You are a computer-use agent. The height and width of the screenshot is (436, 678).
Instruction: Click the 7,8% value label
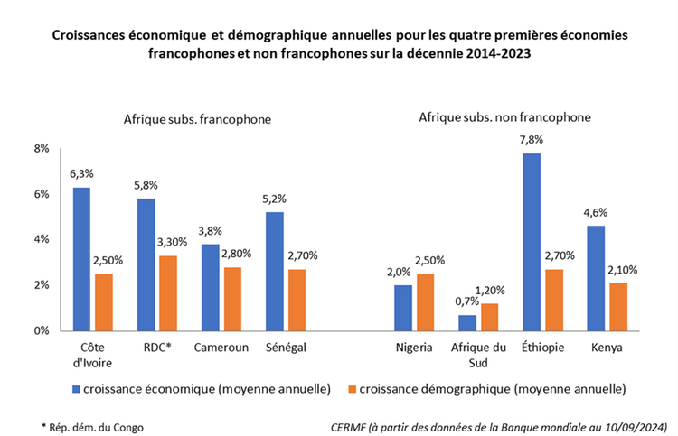coord(532,140)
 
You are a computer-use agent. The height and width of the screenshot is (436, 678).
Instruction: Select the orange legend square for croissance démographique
coord(351,389)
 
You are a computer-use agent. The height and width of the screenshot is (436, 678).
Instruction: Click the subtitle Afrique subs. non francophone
coord(504,117)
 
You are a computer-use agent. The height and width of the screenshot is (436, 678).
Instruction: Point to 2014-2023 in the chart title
coord(498,53)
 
